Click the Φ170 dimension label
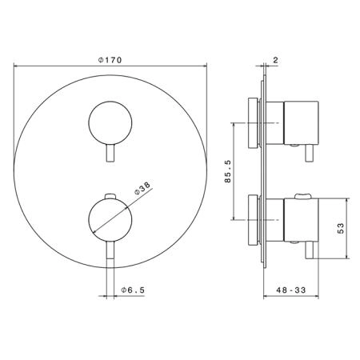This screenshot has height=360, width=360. (x=110, y=60)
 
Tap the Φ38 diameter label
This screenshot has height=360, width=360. (x=142, y=188)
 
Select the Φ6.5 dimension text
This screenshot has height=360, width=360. (x=133, y=290)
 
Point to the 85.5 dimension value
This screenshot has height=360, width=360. (x=228, y=171)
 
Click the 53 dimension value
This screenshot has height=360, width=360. (x=341, y=228)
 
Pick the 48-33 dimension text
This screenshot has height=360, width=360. (x=291, y=290)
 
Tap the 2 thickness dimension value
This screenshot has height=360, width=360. (x=275, y=60)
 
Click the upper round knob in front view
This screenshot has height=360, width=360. (x=110, y=123)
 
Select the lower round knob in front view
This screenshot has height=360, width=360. (x=110, y=220)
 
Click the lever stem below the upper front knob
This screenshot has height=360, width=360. (x=110, y=153)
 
